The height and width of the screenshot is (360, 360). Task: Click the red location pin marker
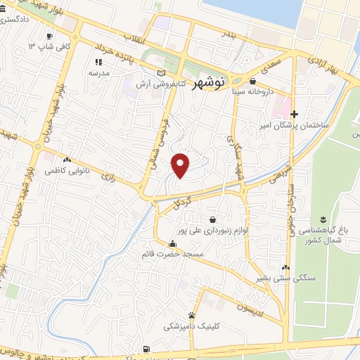coord(181,165)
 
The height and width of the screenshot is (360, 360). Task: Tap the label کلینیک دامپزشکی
coord(191,326)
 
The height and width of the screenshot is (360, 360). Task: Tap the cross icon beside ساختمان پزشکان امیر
coord(294,114)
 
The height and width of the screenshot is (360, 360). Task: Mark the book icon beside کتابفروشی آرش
coord(163,74)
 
